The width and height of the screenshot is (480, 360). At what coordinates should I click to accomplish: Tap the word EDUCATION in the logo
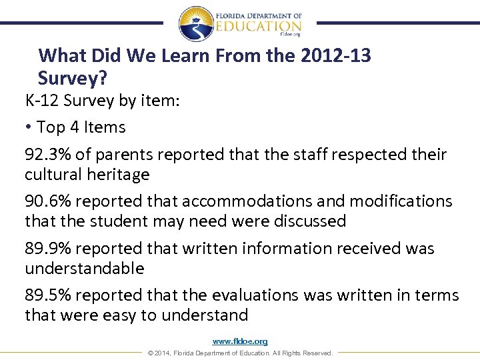click(259, 25)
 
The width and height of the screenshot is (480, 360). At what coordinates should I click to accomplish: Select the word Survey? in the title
click(72, 78)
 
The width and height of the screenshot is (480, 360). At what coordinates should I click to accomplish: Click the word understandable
click(85, 268)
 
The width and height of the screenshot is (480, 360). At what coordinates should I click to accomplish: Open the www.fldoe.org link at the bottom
click(240, 341)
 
